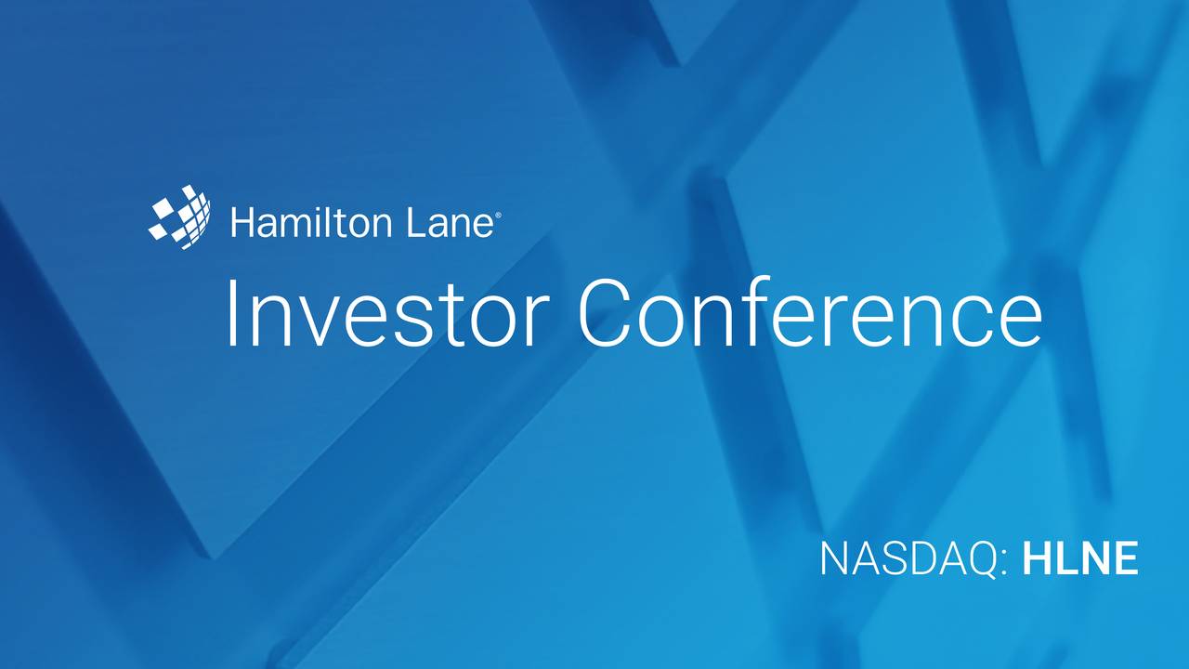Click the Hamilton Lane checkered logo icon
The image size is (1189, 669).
point(179,217)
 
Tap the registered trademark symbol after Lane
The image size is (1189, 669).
point(500,214)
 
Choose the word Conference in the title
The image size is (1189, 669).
point(810,314)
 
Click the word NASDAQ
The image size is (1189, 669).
point(908,560)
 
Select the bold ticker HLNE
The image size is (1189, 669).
point(1080,560)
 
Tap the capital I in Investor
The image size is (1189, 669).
point(232,314)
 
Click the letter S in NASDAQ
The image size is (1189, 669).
point(895,560)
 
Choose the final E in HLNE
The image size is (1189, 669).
point(1125,560)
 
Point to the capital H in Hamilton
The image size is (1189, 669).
point(242,224)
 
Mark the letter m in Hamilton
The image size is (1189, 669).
point(292,228)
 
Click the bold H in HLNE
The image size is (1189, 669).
point(1036,560)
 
